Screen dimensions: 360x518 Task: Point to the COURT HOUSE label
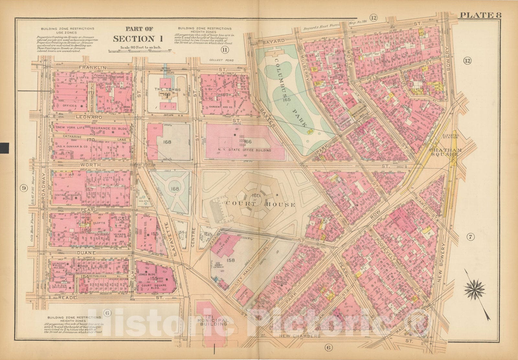(247, 204)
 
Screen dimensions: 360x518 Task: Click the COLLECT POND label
(221, 60)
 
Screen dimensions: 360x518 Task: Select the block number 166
(248, 141)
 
